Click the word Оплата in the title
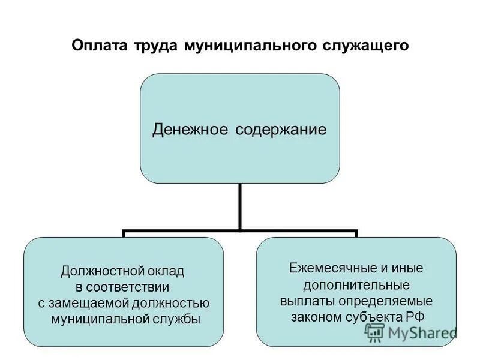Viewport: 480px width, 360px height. [96, 46]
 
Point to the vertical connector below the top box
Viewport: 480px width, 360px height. [240, 206]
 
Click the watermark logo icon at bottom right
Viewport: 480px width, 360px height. [375, 332]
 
